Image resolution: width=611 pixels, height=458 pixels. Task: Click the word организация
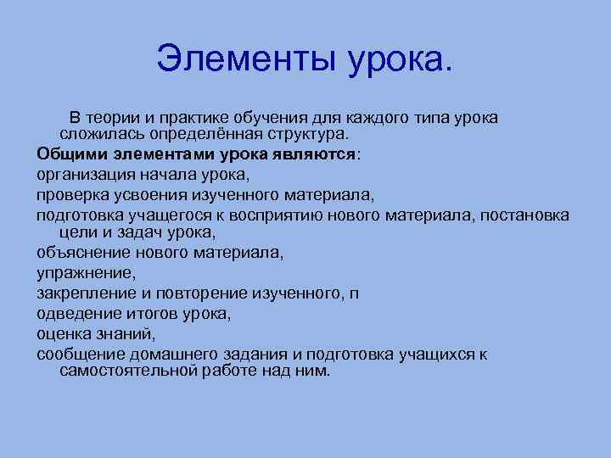[79, 175]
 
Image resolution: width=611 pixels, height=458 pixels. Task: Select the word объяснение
[80, 253]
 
